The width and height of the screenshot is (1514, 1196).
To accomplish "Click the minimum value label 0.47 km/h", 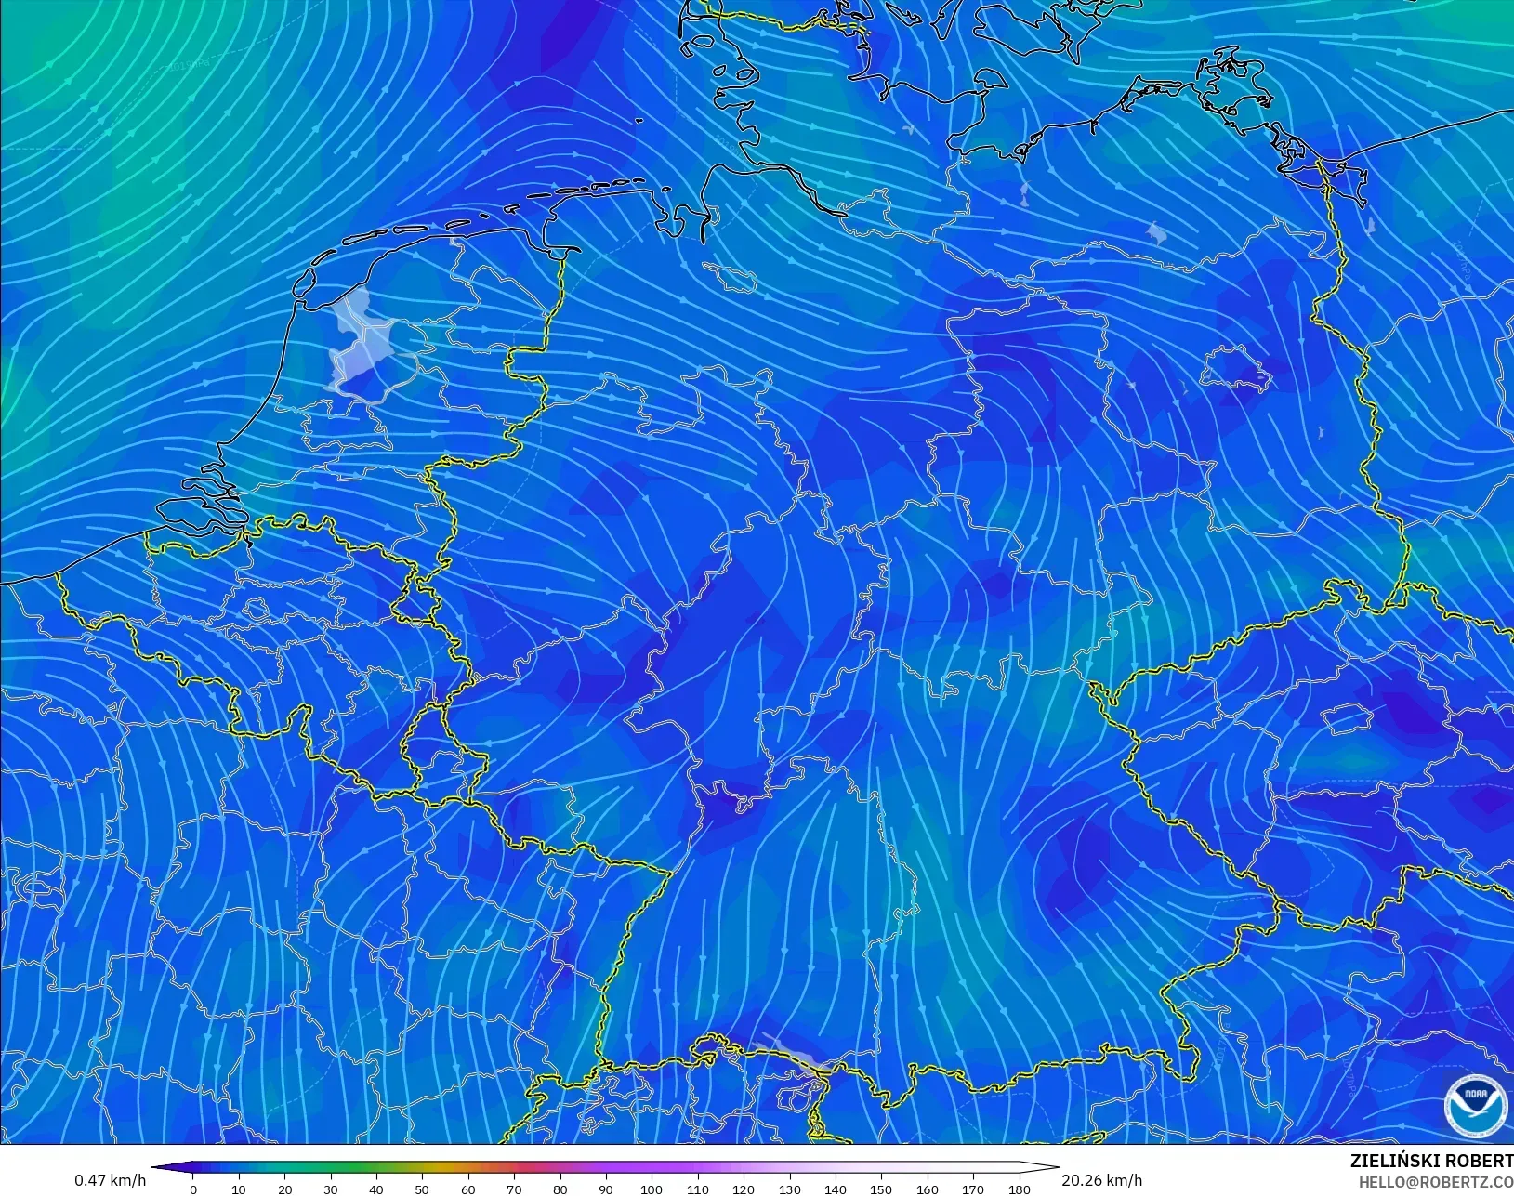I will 111,1180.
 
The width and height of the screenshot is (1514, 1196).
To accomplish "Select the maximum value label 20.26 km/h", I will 1101,1180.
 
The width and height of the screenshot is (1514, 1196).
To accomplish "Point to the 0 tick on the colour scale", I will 193,1189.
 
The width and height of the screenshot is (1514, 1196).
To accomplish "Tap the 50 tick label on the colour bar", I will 422,1189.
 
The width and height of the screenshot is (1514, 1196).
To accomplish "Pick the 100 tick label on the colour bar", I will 652,1189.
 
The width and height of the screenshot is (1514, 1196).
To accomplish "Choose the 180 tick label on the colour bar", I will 1019,1189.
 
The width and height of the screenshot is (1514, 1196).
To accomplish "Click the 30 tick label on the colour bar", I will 331,1189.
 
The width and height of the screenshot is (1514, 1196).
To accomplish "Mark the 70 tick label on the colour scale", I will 514,1189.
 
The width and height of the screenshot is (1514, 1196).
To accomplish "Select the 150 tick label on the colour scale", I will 881,1189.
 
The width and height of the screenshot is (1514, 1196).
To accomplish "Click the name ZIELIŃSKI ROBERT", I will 1431,1162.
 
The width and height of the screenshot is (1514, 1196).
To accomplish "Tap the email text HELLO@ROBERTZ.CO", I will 1436,1182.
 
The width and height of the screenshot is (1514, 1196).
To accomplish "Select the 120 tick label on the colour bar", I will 744,1189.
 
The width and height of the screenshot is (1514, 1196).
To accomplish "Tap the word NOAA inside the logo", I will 1476,1094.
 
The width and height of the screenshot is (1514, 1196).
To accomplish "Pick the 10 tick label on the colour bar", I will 239,1189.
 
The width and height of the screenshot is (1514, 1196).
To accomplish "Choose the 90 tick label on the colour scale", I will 606,1189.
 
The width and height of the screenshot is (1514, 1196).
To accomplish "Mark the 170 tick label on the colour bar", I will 973,1189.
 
